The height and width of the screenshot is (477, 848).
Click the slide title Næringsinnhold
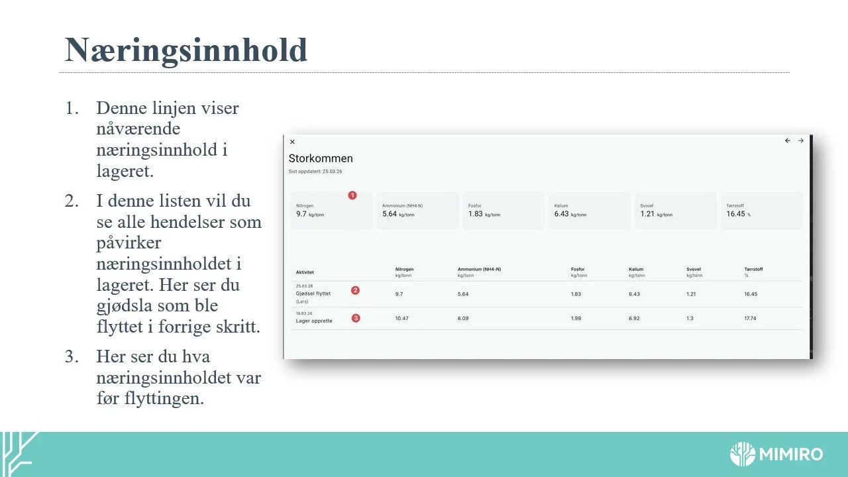coord(186,50)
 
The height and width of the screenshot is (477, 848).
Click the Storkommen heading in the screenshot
coord(321,158)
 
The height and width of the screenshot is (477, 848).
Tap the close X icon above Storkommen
coord(292,142)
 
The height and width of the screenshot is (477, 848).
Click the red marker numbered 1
coord(352,195)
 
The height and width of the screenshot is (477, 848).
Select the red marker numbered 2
coord(356,290)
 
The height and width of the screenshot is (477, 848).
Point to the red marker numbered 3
coord(356,318)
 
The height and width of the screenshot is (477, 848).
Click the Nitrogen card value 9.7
coord(301,214)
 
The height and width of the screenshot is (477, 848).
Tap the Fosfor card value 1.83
coord(475,214)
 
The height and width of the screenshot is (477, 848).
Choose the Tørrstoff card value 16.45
coord(735,214)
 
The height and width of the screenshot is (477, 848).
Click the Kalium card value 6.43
coord(561,214)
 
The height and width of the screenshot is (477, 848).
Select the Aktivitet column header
coord(305,272)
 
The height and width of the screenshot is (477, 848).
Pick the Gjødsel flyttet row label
coord(313,293)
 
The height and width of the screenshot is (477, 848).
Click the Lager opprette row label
coord(314,321)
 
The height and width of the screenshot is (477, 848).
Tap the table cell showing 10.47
coord(401,319)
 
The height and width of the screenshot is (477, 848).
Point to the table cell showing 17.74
coord(750,319)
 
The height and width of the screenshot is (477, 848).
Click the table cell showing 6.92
coord(635,319)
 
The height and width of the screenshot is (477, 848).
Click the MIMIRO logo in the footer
coord(776,454)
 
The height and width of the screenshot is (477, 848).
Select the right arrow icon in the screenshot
coord(801,140)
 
